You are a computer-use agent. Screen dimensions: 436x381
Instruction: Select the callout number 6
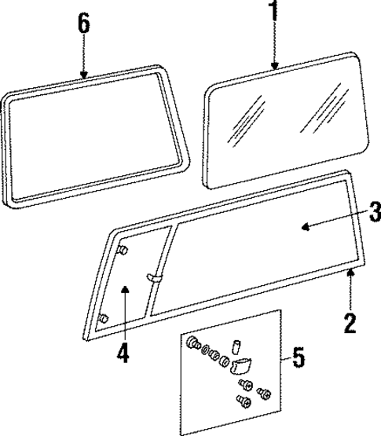pyautogui.click(x=83, y=23)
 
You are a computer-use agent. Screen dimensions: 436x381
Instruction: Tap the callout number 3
pyautogui.click(x=375, y=211)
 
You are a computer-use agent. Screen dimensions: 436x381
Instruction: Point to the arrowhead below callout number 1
pyautogui.click(x=274, y=68)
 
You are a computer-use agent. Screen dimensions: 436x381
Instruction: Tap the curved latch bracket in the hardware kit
pyautogui.click(x=240, y=364)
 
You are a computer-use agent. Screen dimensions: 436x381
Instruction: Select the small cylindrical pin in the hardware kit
pyautogui.click(x=234, y=347)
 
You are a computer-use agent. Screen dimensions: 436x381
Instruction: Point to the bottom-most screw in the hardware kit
pyautogui.click(x=242, y=403)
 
